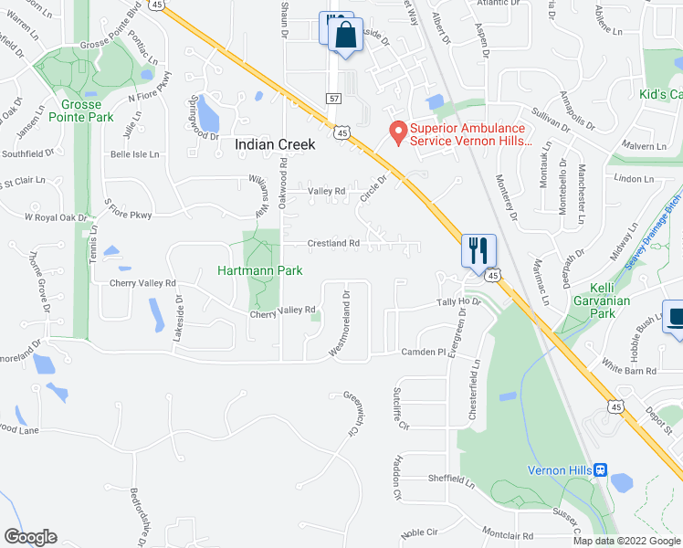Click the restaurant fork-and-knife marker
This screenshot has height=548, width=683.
click(479, 249)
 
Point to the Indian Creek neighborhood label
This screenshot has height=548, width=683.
click(275, 144)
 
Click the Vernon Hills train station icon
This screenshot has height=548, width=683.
click(600, 470)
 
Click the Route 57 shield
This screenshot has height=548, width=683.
click(333, 97)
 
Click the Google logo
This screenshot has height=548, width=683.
click(30, 537)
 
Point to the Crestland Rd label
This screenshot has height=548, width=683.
click(333, 244)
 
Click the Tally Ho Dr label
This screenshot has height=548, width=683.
click(457, 301)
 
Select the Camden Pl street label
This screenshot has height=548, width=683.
click(423, 352)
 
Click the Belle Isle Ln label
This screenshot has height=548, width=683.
click(134, 155)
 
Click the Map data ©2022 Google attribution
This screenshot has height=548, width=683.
click(625, 540)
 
